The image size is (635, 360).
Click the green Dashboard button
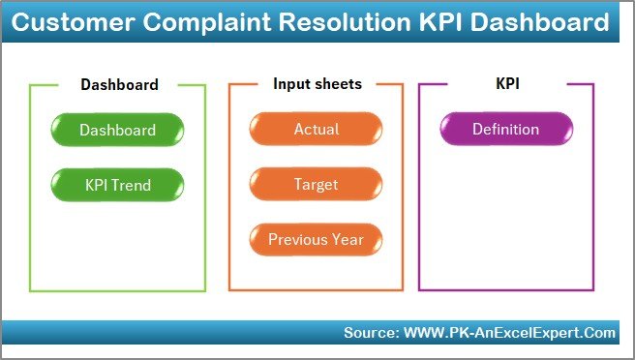(x=117, y=130)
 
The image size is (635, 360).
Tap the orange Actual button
(x=316, y=130)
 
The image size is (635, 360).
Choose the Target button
(x=316, y=183)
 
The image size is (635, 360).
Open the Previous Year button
(x=316, y=238)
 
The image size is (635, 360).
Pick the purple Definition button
(x=505, y=130)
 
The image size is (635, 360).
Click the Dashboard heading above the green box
(x=119, y=84)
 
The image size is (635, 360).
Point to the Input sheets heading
(x=317, y=84)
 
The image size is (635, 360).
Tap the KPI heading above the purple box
(x=507, y=84)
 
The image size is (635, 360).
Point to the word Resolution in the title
(x=334, y=21)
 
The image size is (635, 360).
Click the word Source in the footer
(x=369, y=333)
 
